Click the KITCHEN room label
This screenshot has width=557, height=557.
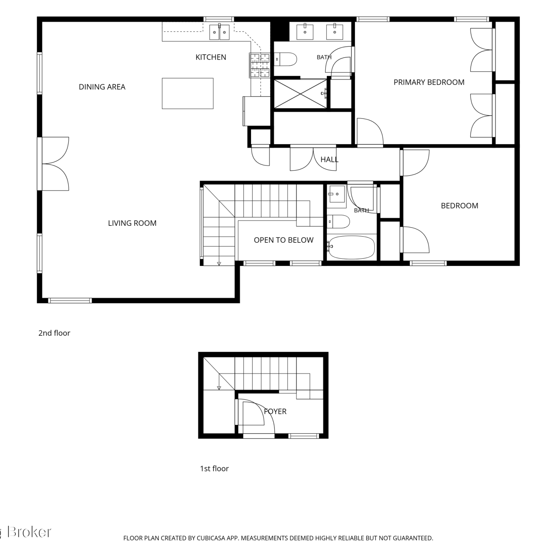coord(211,57)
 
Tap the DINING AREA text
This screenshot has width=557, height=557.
coord(102,87)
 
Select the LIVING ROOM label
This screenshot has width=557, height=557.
coord(132,223)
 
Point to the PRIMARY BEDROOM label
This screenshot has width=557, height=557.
coord(429,82)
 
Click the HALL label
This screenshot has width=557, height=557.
coord(329,160)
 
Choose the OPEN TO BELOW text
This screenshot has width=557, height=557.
coord(284,240)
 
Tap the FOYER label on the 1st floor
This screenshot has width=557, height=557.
coord(275,411)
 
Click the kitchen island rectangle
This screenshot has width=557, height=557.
coord(188,93)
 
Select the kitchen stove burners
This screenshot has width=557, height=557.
coord(260,66)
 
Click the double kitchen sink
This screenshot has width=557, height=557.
coord(219,32)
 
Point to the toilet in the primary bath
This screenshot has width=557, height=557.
coord(286,59)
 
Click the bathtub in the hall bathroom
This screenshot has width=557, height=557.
coord(351,247)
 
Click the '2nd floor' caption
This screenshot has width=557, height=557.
coord(54,333)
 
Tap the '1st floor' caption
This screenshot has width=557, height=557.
coord(214,469)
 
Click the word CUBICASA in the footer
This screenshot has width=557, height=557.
coord(211,538)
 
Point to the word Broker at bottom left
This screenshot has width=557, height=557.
coord(29,532)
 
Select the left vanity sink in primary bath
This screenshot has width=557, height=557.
coord(305,32)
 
